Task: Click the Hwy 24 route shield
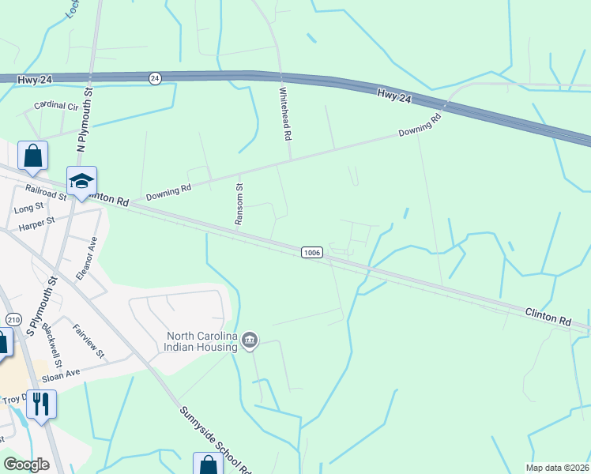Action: point(155,77)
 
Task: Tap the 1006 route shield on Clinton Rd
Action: point(312,251)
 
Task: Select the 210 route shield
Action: point(13,319)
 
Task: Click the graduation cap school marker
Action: point(81,182)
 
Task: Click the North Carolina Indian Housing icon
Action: point(250,340)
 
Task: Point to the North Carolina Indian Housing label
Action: point(201,341)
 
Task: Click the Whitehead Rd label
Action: point(285,114)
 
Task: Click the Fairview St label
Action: point(88,341)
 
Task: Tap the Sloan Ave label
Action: point(62,374)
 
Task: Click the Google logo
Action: point(27,465)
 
